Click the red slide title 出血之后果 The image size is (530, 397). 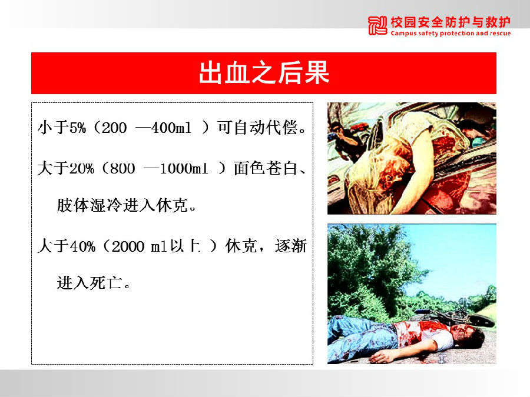point(264,72)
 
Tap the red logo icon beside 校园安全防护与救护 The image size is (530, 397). point(377,26)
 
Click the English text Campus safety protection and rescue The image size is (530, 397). point(450,33)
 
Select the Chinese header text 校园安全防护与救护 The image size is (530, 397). point(450,22)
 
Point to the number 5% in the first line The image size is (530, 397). point(78,128)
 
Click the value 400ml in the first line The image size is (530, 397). point(171,128)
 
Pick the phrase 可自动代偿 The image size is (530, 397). point(257,127)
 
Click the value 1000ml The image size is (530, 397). point(184,168)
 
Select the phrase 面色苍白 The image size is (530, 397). point(266,168)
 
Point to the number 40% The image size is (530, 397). point(82,246)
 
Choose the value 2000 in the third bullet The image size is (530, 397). point(128,246)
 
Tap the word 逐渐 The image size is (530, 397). point(291,246)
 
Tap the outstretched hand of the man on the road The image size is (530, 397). point(379,357)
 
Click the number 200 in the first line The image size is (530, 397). point(114,128)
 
